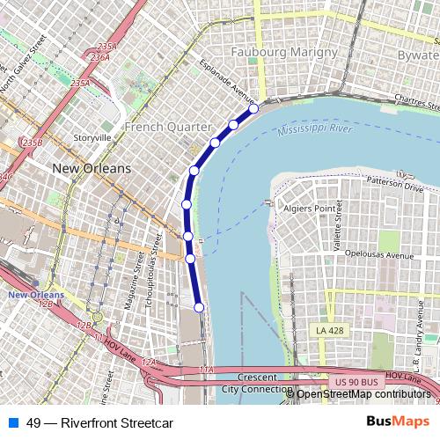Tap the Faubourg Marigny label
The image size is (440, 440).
(x=284, y=53)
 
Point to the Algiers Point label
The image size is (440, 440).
(x=311, y=209)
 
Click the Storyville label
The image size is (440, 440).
(x=92, y=138)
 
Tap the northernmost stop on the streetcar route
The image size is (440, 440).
(x=253, y=108)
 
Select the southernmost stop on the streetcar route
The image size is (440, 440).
(x=199, y=307)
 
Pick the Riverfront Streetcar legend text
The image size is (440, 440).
(x=99, y=422)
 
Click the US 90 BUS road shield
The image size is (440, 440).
(x=354, y=382)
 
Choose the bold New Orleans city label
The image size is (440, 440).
(x=92, y=168)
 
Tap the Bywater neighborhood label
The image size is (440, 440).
(x=417, y=55)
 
